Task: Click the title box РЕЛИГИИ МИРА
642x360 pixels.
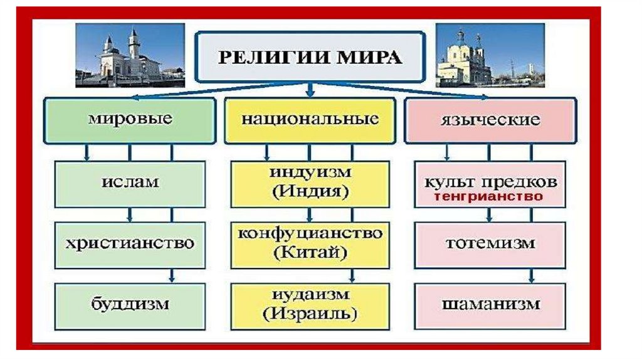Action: (309, 57)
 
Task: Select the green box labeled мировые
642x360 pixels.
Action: (130, 120)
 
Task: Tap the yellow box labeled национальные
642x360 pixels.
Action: (310, 120)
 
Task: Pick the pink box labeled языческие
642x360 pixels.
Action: (490, 120)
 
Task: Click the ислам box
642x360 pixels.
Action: (130, 184)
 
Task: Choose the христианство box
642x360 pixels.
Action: (130, 243)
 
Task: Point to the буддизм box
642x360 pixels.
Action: (130, 304)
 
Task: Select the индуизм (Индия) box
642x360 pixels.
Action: (310, 184)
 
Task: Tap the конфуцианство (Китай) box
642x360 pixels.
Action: (310, 244)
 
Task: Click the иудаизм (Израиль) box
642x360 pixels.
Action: (310, 304)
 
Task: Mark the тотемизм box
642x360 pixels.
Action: (490, 243)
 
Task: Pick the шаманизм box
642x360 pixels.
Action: (490, 304)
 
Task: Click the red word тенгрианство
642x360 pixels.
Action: (490, 196)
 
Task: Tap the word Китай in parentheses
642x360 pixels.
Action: (310, 254)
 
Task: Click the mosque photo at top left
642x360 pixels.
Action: (130, 55)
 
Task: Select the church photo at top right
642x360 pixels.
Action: (490, 55)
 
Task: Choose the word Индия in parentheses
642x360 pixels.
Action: (310, 191)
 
